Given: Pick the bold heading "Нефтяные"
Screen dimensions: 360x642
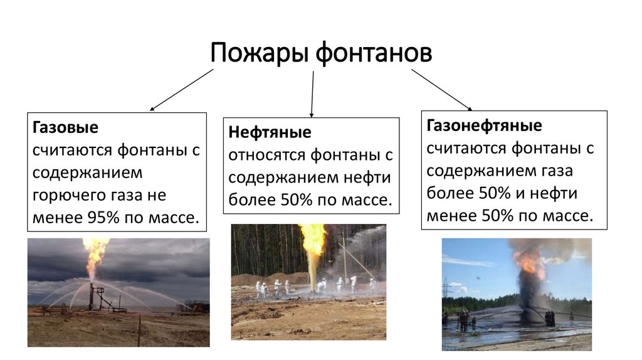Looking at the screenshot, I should [x=270, y=133].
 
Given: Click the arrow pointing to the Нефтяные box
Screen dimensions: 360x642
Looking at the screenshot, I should [x=312, y=94].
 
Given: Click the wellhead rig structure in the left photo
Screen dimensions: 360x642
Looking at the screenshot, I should [x=98, y=299].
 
